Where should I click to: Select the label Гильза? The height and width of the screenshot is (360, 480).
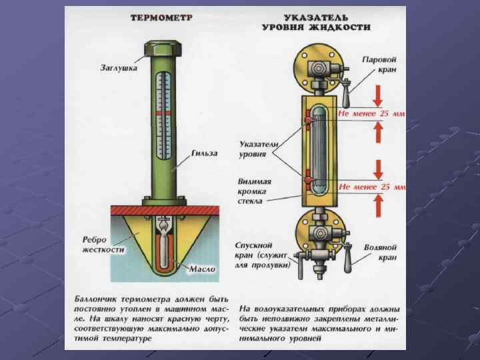[x=204, y=154]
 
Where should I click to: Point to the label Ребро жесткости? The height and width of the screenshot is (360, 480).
[x=104, y=244]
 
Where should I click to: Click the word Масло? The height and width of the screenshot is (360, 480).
[x=202, y=269]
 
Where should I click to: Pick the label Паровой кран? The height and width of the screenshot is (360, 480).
[x=379, y=64]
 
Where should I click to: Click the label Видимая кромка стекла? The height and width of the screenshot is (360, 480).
[x=255, y=190]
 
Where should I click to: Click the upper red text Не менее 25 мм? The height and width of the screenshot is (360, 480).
[x=372, y=113]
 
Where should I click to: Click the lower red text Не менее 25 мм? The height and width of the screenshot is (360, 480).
[x=372, y=187]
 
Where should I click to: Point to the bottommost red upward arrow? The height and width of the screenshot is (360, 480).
[x=378, y=207]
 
